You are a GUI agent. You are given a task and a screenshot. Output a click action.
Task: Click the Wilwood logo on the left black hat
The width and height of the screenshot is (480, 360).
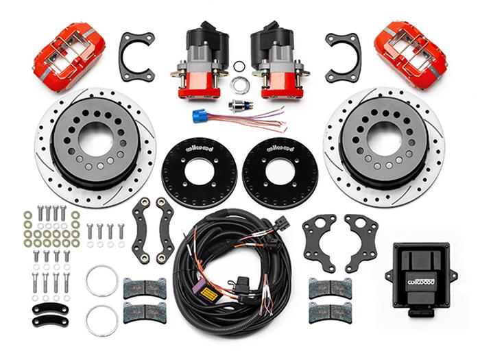click(199, 146)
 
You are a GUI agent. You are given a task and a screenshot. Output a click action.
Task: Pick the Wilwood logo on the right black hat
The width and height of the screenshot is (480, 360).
click(280, 146)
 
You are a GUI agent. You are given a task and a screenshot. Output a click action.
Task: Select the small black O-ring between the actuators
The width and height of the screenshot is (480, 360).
click(240, 66)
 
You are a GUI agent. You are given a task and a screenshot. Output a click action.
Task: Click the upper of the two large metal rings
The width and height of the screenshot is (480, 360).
click(102, 279)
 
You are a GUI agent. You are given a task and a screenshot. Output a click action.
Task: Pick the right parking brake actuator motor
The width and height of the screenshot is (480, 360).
click(276, 59)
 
